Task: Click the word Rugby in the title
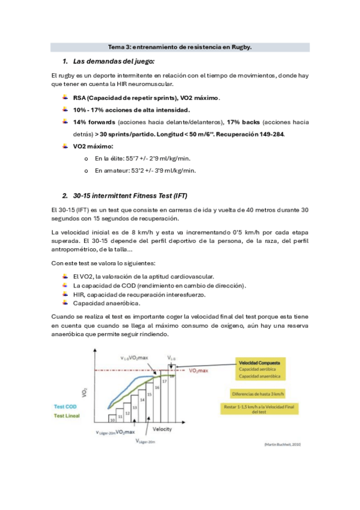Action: point(240,47)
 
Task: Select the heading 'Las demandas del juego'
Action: point(114,61)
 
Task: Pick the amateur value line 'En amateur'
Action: point(145,171)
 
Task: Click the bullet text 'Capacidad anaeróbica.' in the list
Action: point(100,304)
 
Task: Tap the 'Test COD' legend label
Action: point(66,407)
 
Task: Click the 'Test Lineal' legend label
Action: point(67,415)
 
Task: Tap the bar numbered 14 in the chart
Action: point(142,399)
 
